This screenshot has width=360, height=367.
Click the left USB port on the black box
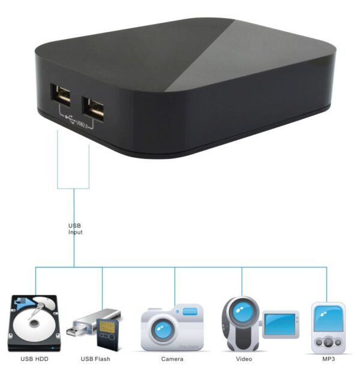click(61, 95)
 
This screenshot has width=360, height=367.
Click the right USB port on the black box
click(93, 109)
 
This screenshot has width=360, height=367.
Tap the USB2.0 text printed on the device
click(82, 124)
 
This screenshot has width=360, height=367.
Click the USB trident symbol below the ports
click(70, 119)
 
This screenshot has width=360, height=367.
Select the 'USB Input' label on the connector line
click(75, 229)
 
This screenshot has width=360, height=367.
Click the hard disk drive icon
click(34, 323)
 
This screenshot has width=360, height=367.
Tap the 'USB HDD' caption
click(34, 359)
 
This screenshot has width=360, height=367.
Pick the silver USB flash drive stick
click(93, 321)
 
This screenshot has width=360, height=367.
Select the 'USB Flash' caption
click(95, 359)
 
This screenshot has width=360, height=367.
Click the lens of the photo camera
click(163, 330)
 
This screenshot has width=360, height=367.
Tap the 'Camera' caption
click(172, 359)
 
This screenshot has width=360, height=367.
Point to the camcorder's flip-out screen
click(281, 324)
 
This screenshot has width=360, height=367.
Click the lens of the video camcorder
click(243, 312)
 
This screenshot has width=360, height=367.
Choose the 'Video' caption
click(244, 359)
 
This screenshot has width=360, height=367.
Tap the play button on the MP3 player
click(328, 343)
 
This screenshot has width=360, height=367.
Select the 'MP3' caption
click(329, 359)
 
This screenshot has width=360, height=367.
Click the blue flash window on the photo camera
click(190, 311)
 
